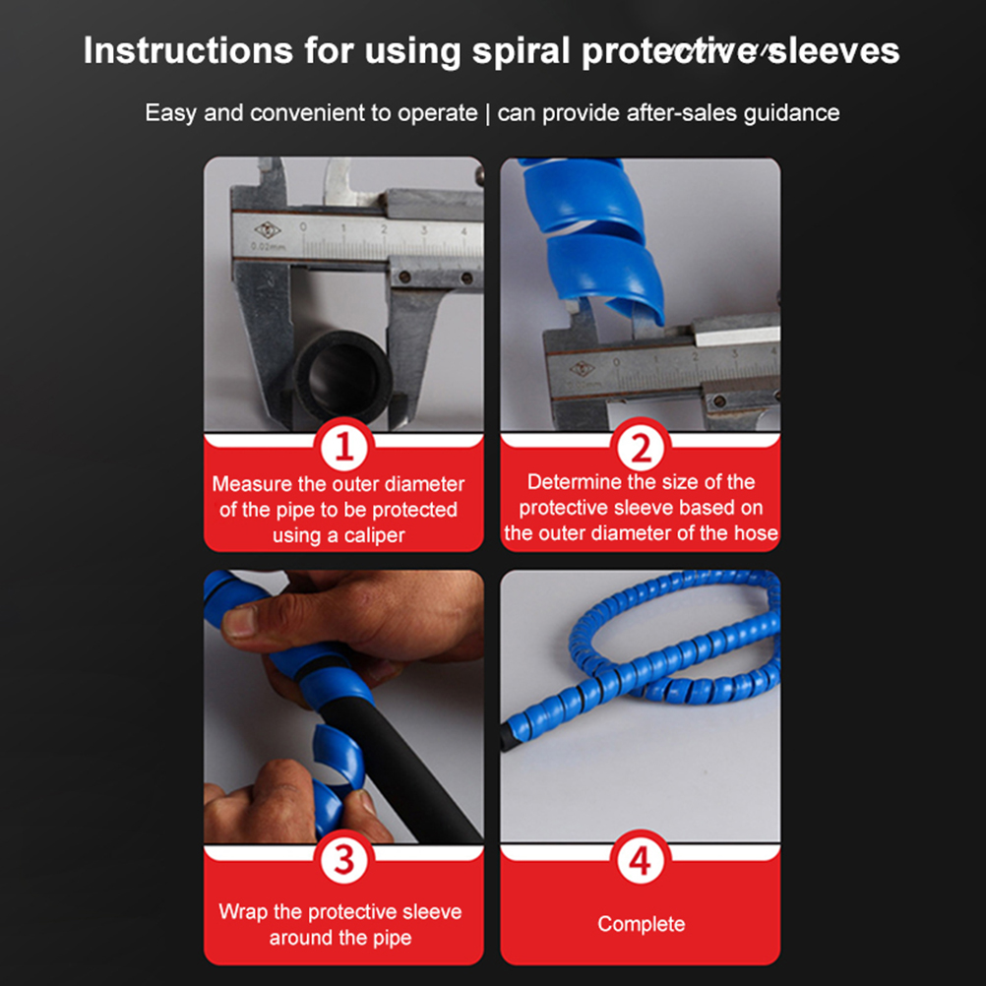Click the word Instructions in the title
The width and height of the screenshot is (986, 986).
tap(188, 50)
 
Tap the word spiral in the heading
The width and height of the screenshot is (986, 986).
tap(522, 51)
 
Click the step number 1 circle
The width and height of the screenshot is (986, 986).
tap(344, 447)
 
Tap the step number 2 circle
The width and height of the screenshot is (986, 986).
tap(641, 449)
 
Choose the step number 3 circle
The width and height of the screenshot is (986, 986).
tap(344, 860)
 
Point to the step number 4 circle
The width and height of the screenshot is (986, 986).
tap(641, 860)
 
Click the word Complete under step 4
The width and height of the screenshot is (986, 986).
tap(642, 924)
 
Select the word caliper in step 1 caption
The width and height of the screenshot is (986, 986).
tap(374, 535)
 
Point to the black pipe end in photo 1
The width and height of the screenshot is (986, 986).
tap(342, 376)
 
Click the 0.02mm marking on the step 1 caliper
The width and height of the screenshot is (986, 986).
tap(269, 246)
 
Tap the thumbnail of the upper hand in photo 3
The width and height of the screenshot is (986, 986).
tap(238, 621)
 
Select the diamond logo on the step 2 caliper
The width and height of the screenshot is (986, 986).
tap(582, 368)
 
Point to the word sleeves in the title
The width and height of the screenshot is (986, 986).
tap(833, 51)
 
